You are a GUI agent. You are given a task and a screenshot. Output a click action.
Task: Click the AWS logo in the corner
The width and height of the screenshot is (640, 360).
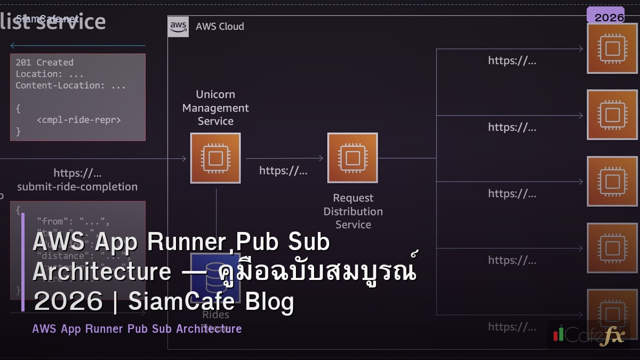pyautogui.click(x=178, y=26)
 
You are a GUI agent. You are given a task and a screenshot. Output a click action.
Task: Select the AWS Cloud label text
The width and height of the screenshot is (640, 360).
pyautogui.click(x=220, y=26)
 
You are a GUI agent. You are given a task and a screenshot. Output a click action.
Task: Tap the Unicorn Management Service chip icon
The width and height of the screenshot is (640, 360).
pyautogui.click(x=215, y=158)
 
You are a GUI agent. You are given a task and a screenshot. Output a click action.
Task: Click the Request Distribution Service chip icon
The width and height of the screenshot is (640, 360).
pyautogui.click(x=353, y=158)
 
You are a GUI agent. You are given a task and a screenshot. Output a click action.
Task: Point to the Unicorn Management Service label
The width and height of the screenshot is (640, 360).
pyautogui.click(x=215, y=108)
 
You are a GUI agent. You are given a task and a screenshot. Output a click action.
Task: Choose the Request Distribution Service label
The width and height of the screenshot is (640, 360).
pyautogui.click(x=353, y=211)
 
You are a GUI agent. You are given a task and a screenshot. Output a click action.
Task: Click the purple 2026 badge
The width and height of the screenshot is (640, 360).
pyautogui.click(x=605, y=17)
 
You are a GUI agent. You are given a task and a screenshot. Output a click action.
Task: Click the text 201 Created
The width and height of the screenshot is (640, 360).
pyautogui.click(x=44, y=62)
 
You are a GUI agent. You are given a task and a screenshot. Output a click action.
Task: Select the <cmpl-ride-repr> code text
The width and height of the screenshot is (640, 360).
pyautogui.click(x=79, y=119)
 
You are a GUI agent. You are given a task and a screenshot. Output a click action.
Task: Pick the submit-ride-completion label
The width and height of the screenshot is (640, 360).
pyautogui.click(x=77, y=187)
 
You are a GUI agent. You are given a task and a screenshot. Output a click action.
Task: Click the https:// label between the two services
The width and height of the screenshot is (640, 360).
pyautogui.click(x=283, y=171)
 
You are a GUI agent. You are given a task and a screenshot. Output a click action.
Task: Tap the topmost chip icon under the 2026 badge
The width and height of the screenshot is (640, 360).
pyautogui.click(x=612, y=49)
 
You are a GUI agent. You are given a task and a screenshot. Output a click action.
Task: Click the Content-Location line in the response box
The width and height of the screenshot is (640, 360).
pyautogui.click(x=70, y=85)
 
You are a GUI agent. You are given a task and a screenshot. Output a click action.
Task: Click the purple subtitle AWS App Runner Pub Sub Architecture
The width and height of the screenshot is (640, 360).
pyautogui.click(x=137, y=329)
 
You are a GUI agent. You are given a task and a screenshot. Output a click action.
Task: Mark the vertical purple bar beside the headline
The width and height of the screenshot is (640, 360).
pyautogui.click(x=23, y=262)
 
